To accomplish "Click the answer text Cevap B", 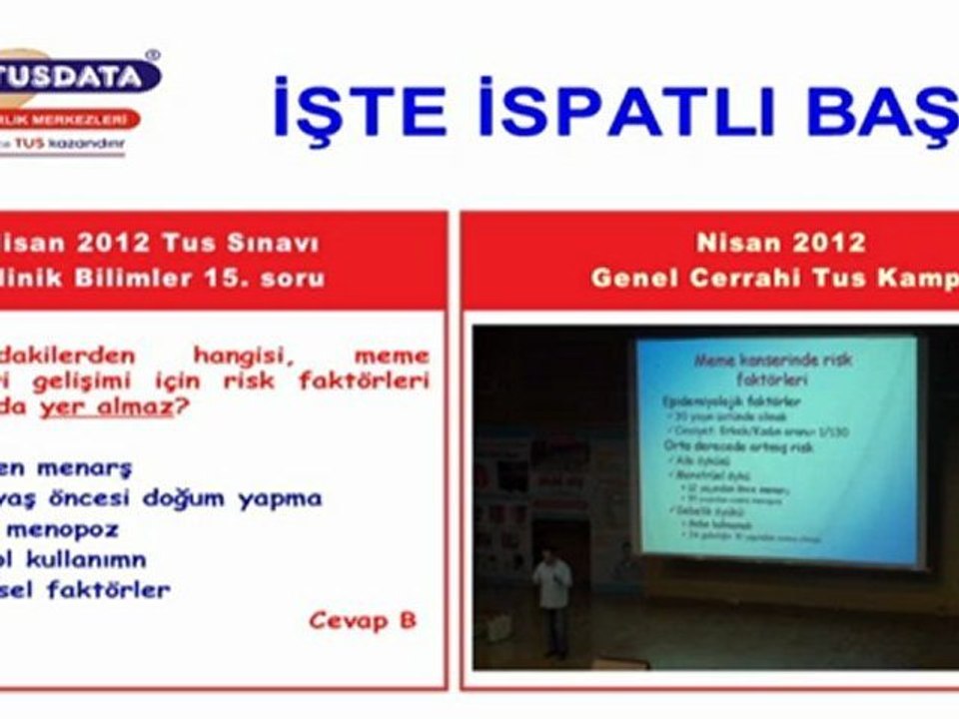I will pyautogui.click(x=362, y=620).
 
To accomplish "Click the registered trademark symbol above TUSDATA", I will pyautogui.click(x=152, y=57).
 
